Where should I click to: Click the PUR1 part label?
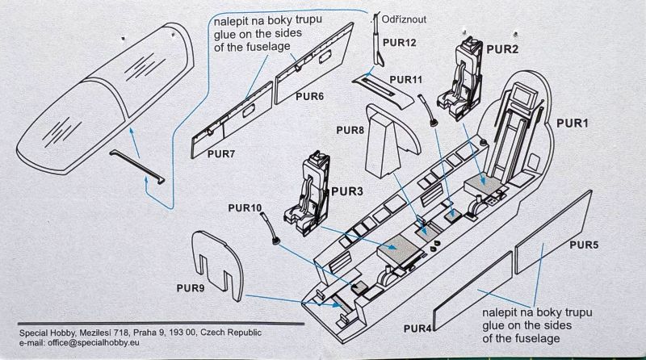pos(572,123)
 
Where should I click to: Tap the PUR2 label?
pos(502,48)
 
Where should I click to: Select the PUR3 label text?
pos(348,192)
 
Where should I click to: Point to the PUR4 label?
pos(419,328)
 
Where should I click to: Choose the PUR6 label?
pos(309,96)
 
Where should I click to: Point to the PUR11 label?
pos(406,79)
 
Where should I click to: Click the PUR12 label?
pos(400,42)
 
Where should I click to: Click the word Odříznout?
pos(409,17)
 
